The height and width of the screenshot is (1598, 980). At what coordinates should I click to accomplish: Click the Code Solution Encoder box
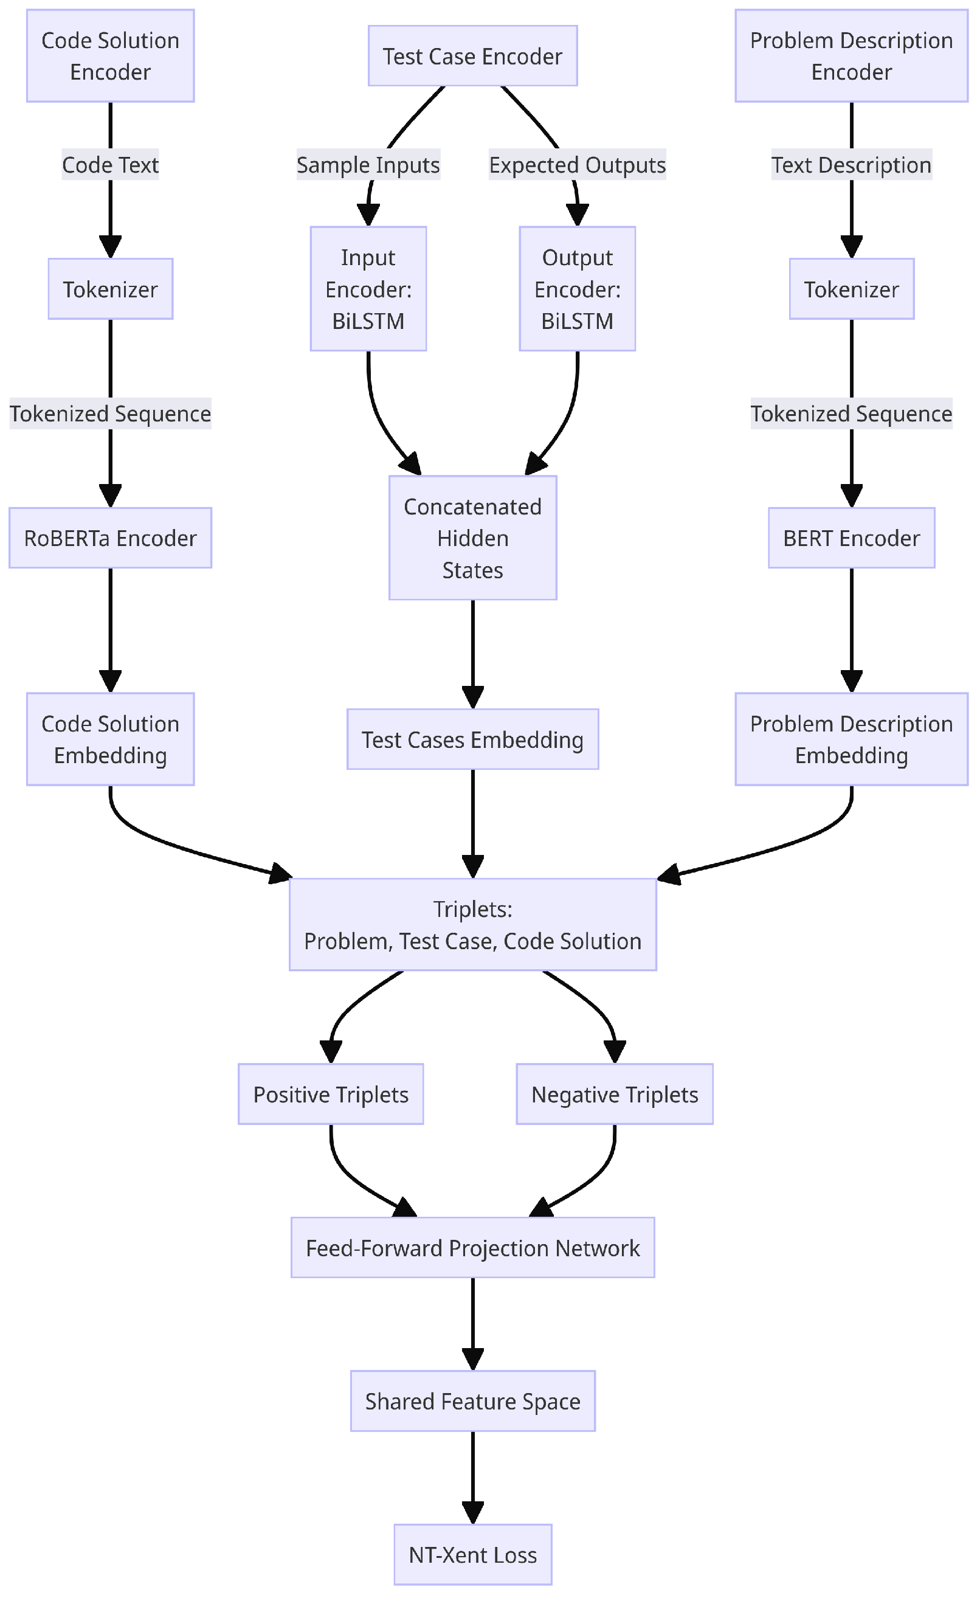[x=110, y=56]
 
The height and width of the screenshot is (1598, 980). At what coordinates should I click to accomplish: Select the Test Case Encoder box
[x=472, y=56]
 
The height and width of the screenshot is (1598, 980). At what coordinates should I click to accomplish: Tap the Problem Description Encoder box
[x=851, y=56]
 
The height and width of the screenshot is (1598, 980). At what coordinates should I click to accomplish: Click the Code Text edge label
[x=110, y=165]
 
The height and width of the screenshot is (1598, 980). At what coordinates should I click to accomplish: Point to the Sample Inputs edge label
[x=368, y=165]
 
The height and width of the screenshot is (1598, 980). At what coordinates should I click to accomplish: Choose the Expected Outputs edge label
[x=576, y=165]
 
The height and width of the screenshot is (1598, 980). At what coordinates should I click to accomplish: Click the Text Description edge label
[x=851, y=165]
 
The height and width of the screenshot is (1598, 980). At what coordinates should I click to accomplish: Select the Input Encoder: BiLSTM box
[x=368, y=289]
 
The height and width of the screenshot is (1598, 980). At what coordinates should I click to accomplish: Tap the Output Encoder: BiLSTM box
[x=576, y=289]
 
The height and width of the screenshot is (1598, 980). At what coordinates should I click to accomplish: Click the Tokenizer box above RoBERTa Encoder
[x=110, y=289]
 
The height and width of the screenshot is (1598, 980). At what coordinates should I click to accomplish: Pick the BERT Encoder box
[x=851, y=538]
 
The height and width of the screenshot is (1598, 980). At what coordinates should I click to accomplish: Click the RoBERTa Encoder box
[x=110, y=538]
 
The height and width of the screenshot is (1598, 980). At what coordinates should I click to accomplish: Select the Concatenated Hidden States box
[x=472, y=538]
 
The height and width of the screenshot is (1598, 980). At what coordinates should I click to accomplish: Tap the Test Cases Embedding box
[x=472, y=739]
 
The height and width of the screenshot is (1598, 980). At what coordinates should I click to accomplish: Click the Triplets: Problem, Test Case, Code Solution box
[x=472, y=924]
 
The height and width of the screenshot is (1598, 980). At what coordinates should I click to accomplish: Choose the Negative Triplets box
[x=614, y=1094]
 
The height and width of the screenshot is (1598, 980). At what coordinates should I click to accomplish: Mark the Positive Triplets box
[x=330, y=1094]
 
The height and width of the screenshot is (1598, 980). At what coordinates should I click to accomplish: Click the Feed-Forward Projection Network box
[x=472, y=1248]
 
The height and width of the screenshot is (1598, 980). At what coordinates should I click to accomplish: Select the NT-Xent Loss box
[x=472, y=1555]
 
